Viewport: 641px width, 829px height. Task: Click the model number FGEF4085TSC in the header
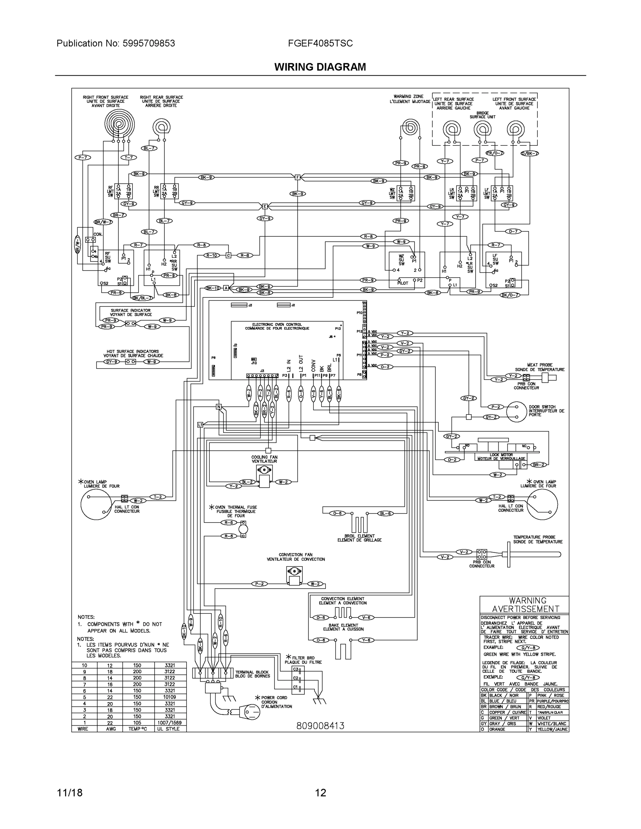320,43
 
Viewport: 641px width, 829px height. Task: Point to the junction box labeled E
265,207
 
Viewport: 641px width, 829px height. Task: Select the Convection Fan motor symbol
294,576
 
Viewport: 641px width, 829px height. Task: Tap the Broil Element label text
359,538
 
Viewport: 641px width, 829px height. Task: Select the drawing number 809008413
320,726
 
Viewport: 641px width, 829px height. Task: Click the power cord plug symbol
251,713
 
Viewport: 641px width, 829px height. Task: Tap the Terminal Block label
253,674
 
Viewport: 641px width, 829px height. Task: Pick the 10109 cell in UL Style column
170,697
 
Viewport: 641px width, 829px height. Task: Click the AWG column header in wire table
110,729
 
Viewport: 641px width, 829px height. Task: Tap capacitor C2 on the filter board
298,678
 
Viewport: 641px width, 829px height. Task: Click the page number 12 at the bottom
320,793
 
